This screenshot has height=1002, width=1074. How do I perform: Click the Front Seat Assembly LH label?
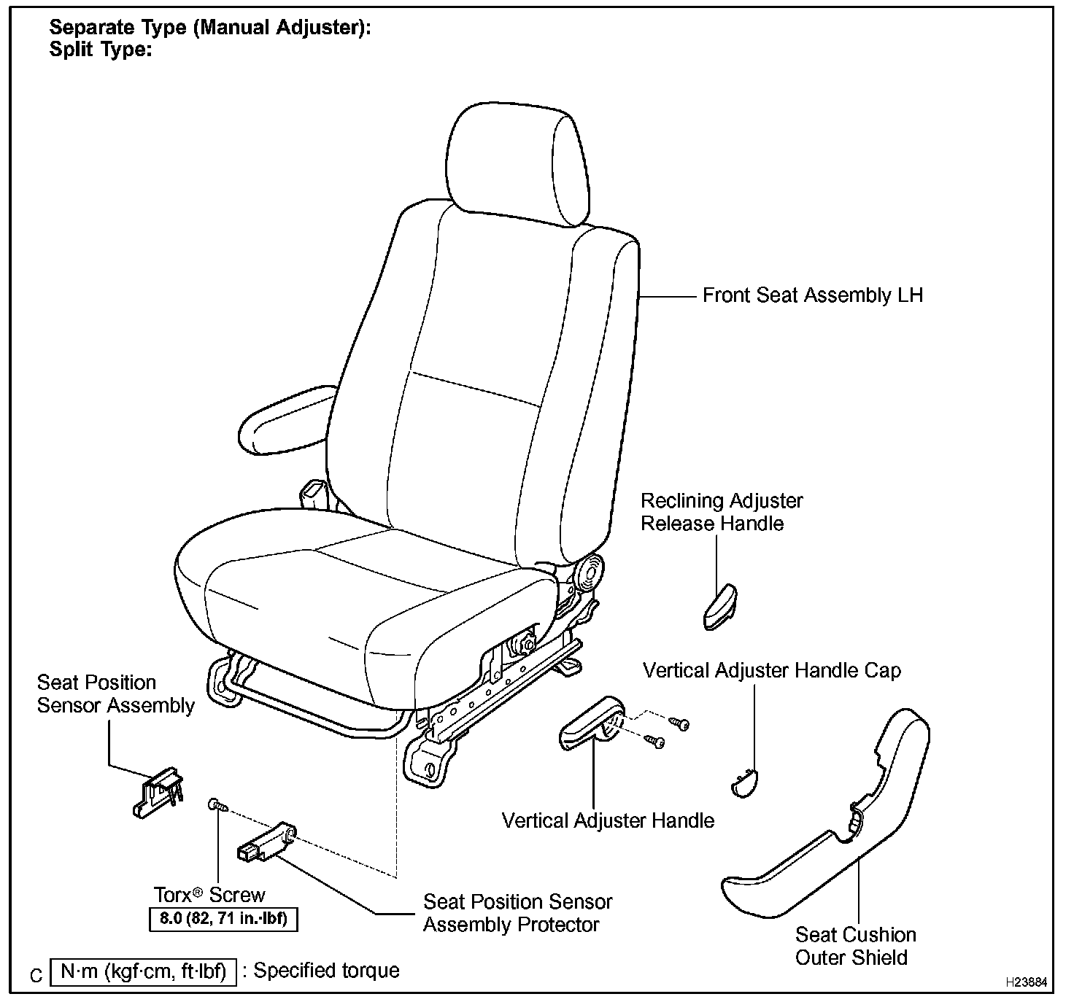point(812,295)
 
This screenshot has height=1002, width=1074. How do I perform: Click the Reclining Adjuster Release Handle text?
point(721,512)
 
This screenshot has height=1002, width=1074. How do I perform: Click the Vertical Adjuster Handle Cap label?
point(771,671)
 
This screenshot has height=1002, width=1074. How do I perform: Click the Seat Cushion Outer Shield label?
point(854,946)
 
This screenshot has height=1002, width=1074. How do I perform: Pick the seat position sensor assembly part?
point(158,791)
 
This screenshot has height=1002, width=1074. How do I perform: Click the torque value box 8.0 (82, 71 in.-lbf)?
point(223,919)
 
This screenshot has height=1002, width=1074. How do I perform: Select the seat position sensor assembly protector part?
point(266,844)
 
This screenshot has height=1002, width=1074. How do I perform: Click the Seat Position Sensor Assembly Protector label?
point(517,913)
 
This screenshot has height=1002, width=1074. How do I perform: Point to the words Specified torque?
point(326,971)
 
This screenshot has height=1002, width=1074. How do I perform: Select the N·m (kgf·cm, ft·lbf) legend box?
point(143,972)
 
